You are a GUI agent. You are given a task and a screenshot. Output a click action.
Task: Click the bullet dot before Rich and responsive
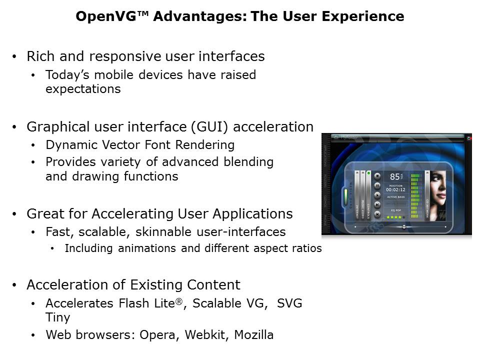(x=14, y=57)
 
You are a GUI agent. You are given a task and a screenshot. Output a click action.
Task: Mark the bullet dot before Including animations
(x=53, y=249)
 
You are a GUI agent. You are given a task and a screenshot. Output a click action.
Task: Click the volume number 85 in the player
(x=395, y=176)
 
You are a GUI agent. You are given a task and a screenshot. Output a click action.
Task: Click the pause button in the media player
(x=377, y=185)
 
